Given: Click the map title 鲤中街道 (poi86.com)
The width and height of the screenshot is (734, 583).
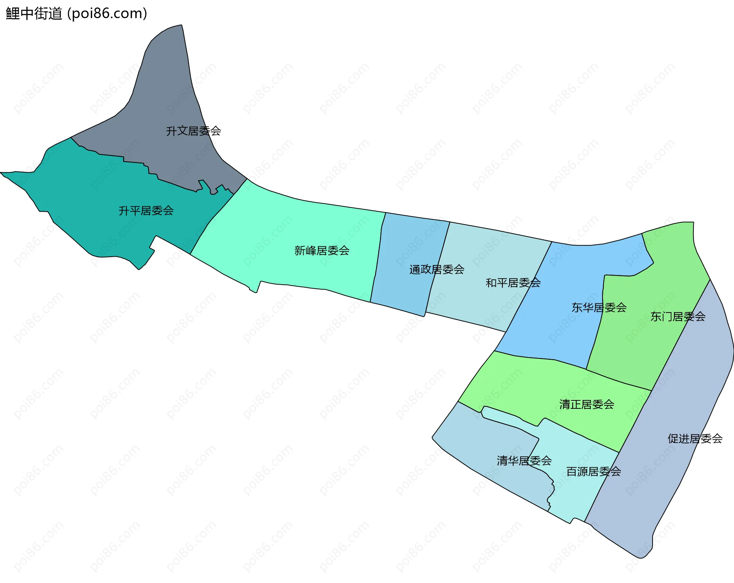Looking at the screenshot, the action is [76, 14].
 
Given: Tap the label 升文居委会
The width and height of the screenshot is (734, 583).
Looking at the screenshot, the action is [193, 131].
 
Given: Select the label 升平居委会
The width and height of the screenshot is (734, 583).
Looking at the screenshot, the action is [146, 211].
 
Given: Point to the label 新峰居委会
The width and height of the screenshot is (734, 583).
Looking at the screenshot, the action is [322, 251].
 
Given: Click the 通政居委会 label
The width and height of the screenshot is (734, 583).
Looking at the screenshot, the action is [437, 269].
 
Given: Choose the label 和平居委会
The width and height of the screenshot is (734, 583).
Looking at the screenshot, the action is [513, 283].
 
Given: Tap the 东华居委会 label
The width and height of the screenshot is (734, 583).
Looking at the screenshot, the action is [599, 308].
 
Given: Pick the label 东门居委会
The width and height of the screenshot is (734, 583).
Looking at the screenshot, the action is [678, 316].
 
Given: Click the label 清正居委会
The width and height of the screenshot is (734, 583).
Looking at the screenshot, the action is [586, 404].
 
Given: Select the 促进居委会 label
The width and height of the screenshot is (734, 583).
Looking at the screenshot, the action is [695, 439].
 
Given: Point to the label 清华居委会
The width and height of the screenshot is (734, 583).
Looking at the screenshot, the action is [524, 461].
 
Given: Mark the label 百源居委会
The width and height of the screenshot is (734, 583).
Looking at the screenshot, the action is [593, 471].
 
